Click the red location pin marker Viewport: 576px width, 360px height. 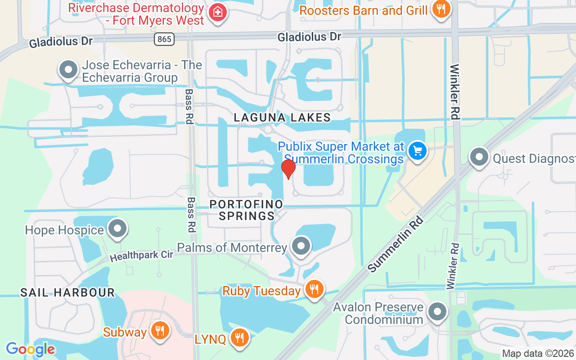coord(288,169)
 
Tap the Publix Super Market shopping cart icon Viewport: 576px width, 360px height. coord(418,151)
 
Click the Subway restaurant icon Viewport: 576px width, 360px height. coord(159,331)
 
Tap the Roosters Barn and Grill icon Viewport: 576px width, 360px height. coord(441,9)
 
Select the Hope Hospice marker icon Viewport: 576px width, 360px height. coord(118,229)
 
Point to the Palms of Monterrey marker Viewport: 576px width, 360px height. coord(301,246)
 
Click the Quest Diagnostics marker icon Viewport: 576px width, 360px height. coord(479,157)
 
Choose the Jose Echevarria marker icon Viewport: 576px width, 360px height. coord(68,70)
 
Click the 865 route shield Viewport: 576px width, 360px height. coord(164,39)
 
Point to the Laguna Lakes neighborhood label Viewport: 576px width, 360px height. coord(282,118)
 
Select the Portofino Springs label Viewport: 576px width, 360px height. coord(247,210)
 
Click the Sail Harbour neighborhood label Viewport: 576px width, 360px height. coord(67,293)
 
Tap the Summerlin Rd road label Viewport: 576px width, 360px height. coord(396,244)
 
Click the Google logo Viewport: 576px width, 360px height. coord(30,349)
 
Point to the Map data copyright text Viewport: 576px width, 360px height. coord(538,353)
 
